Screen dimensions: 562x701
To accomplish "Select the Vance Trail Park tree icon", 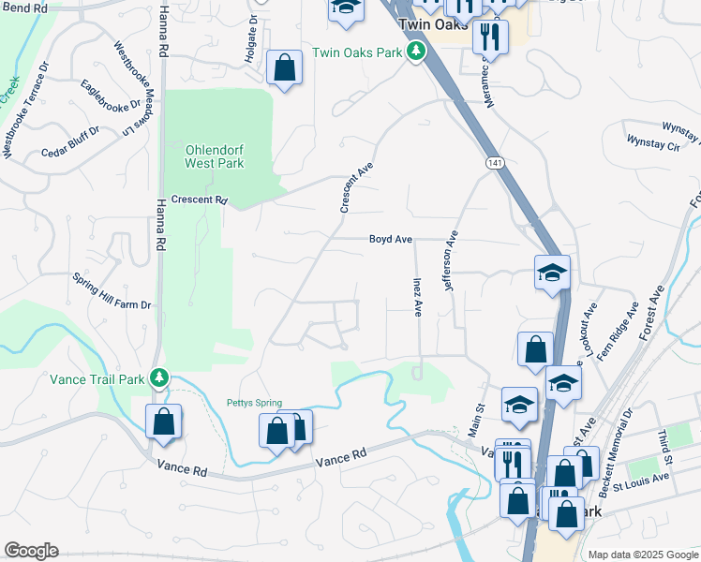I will point(160,378).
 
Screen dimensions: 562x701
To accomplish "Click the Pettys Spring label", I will point(254,404).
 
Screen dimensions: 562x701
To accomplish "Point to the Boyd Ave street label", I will point(391,240).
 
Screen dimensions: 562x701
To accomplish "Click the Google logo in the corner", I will point(31,551).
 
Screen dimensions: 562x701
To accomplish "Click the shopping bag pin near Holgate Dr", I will point(284,68).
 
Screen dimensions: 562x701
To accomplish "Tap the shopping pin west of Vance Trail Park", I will point(164,422).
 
